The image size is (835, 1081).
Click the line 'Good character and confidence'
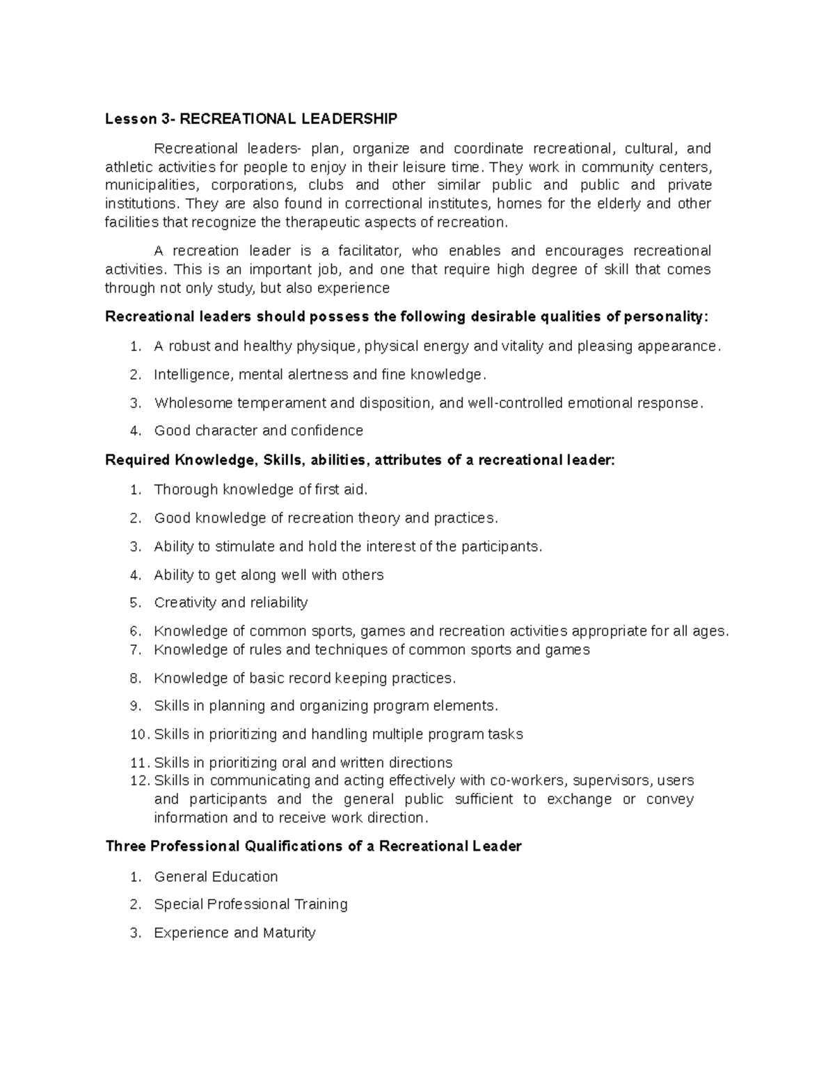click(x=258, y=431)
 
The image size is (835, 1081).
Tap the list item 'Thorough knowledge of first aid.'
click(x=260, y=489)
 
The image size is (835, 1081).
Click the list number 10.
click(x=138, y=734)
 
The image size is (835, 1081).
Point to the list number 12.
click(x=138, y=781)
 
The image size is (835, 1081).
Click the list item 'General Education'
click(x=216, y=876)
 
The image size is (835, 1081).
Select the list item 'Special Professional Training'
click(x=250, y=904)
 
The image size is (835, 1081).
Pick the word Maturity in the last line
click(x=289, y=933)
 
